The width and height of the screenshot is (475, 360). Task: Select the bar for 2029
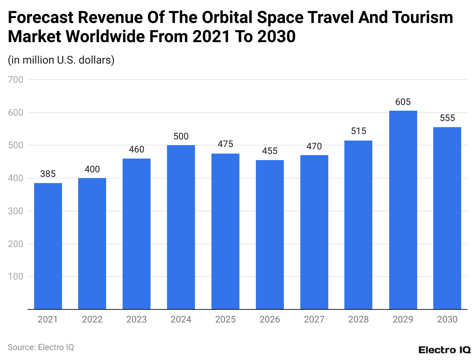click(403, 210)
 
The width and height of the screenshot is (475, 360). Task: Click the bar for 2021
click(48, 246)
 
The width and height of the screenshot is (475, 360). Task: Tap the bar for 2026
click(270, 234)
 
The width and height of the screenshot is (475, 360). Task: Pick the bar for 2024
click(181, 227)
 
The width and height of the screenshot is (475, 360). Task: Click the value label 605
click(403, 102)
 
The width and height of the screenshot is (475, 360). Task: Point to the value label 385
click(48, 174)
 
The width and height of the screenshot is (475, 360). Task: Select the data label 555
click(447, 118)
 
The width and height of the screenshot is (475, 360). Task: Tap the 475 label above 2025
click(225, 144)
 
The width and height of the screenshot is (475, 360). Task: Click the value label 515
click(359, 131)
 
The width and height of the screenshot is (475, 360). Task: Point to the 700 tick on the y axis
click(16, 80)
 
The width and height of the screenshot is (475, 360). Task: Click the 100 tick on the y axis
click(16, 277)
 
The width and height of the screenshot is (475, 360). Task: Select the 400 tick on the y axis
click(16, 178)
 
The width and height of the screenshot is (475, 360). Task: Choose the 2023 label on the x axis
click(136, 319)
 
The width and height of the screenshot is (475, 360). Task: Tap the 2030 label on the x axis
click(447, 319)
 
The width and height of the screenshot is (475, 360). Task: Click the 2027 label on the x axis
click(314, 319)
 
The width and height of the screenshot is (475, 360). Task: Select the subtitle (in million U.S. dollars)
click(61, 60)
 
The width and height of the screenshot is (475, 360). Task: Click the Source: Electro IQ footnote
click(41, 347)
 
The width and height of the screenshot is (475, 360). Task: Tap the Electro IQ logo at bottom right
click(444, 350)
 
